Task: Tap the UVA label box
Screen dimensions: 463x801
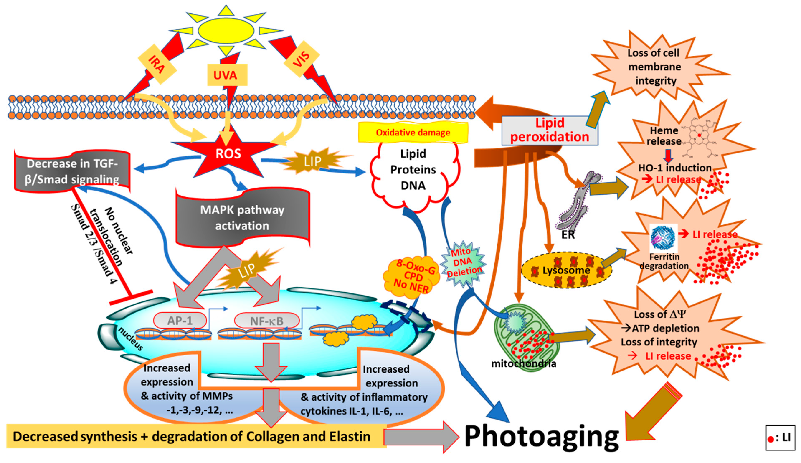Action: [227, 75]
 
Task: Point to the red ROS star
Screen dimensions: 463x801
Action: [228, 153]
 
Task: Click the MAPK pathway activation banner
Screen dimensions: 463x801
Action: [242, 218]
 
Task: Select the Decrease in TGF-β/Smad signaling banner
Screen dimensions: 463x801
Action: [72, 172]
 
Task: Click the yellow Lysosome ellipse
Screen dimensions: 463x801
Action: [566, 270]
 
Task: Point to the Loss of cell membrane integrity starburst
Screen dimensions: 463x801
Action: [655, 67]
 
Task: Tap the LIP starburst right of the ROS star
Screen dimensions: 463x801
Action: [312, 161]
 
